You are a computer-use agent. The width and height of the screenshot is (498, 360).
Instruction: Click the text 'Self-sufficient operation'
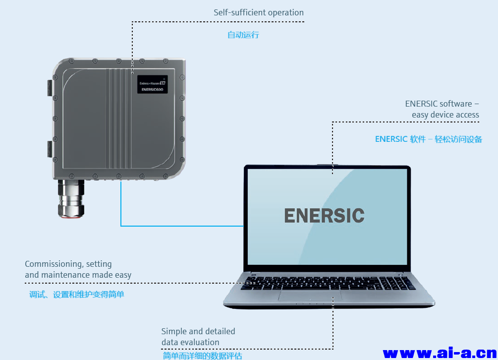(259, 12)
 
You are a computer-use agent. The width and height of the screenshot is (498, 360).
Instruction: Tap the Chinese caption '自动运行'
(243, 35)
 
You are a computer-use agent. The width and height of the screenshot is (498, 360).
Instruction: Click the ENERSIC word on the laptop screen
(325, 216)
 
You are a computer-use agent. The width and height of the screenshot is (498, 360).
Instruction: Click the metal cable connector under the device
(71, 198)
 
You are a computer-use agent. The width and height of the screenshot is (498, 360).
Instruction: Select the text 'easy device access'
(445, 115)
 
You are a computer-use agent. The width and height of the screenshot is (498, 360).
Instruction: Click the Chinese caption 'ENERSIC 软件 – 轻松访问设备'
(429, 139)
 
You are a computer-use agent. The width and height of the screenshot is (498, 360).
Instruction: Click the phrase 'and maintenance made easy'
(78, 275)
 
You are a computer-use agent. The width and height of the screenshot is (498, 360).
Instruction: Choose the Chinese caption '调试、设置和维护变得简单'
(76, 295)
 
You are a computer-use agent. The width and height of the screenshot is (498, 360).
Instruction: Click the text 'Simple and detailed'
(198, 331)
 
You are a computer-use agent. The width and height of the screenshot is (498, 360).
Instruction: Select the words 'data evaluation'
(190, 342)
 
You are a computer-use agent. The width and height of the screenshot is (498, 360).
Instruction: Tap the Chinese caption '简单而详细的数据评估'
(203, 356)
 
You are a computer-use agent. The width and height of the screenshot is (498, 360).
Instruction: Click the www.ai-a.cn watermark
(440, 353)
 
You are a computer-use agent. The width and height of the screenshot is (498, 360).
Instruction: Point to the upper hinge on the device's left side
(49, 88)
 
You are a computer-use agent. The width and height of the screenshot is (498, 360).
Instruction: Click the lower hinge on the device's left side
(49, 148)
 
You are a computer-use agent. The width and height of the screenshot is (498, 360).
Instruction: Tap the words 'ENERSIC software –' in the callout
(442, 104)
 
